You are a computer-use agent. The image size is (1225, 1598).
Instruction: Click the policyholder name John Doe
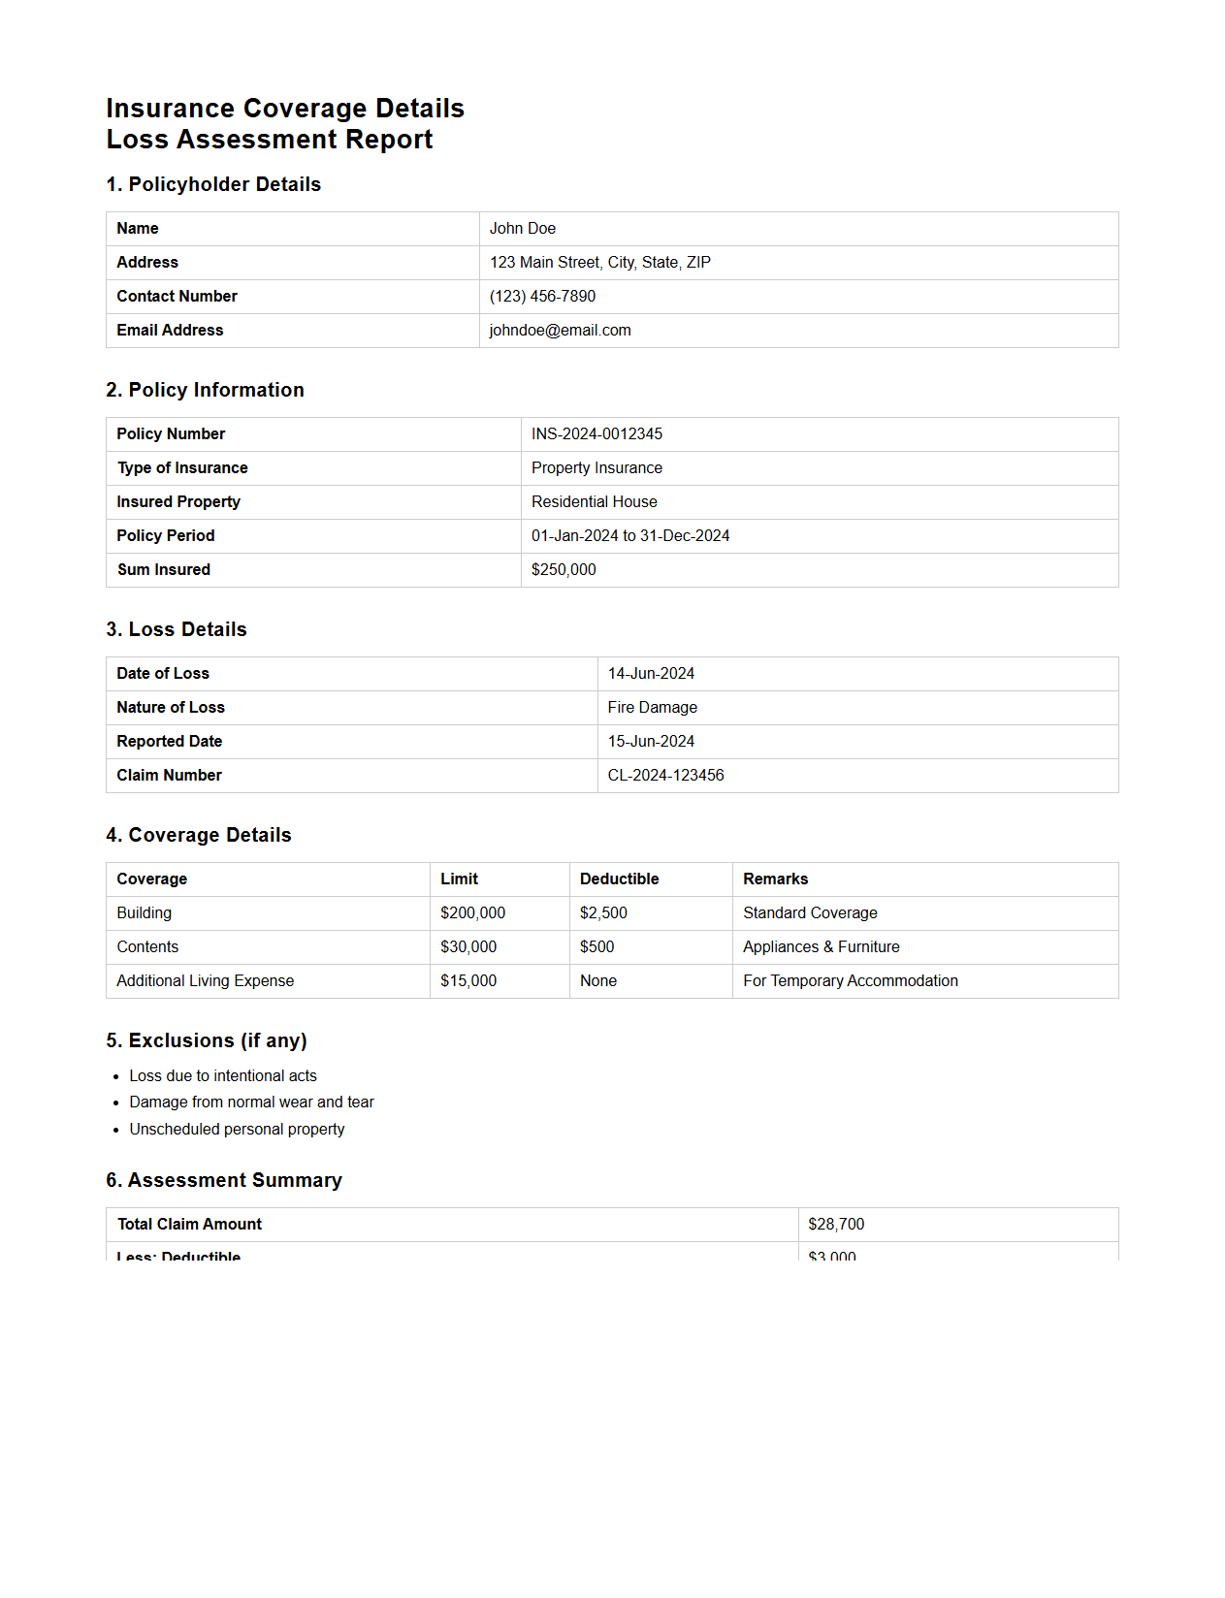[522, 229]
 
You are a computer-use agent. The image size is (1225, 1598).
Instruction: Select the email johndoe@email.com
[560, 331]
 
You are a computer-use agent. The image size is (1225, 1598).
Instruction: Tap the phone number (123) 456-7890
[542, 297]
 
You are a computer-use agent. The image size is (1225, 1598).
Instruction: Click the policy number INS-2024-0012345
[596, 434]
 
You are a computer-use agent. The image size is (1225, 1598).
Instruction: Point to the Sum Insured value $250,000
[564, 570]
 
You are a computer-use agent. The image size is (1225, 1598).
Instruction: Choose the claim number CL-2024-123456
[665, 776]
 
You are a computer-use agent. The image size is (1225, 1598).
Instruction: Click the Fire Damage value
[652, 708]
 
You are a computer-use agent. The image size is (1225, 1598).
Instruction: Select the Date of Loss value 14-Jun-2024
[651, 674]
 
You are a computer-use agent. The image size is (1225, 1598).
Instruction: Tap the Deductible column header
[619, 879]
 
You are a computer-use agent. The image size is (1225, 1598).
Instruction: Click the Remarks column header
[775, 879]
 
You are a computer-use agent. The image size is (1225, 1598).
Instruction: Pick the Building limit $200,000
[472, 913]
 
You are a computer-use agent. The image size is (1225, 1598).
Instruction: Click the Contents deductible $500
[596, 947]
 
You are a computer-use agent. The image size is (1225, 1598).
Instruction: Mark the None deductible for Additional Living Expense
[597, 981]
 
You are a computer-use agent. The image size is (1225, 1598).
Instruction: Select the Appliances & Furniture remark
[821, 947]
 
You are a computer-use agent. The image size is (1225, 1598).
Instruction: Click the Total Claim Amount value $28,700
[835, 1225]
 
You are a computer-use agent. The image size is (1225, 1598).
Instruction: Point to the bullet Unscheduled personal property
[237, 1130]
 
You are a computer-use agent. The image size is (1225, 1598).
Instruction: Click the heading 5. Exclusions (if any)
[206, 1040]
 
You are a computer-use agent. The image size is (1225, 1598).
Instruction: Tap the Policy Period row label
[166, 536]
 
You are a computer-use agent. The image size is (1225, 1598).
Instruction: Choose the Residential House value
[594, 502]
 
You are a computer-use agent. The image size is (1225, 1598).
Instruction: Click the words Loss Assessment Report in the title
[270, 140]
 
